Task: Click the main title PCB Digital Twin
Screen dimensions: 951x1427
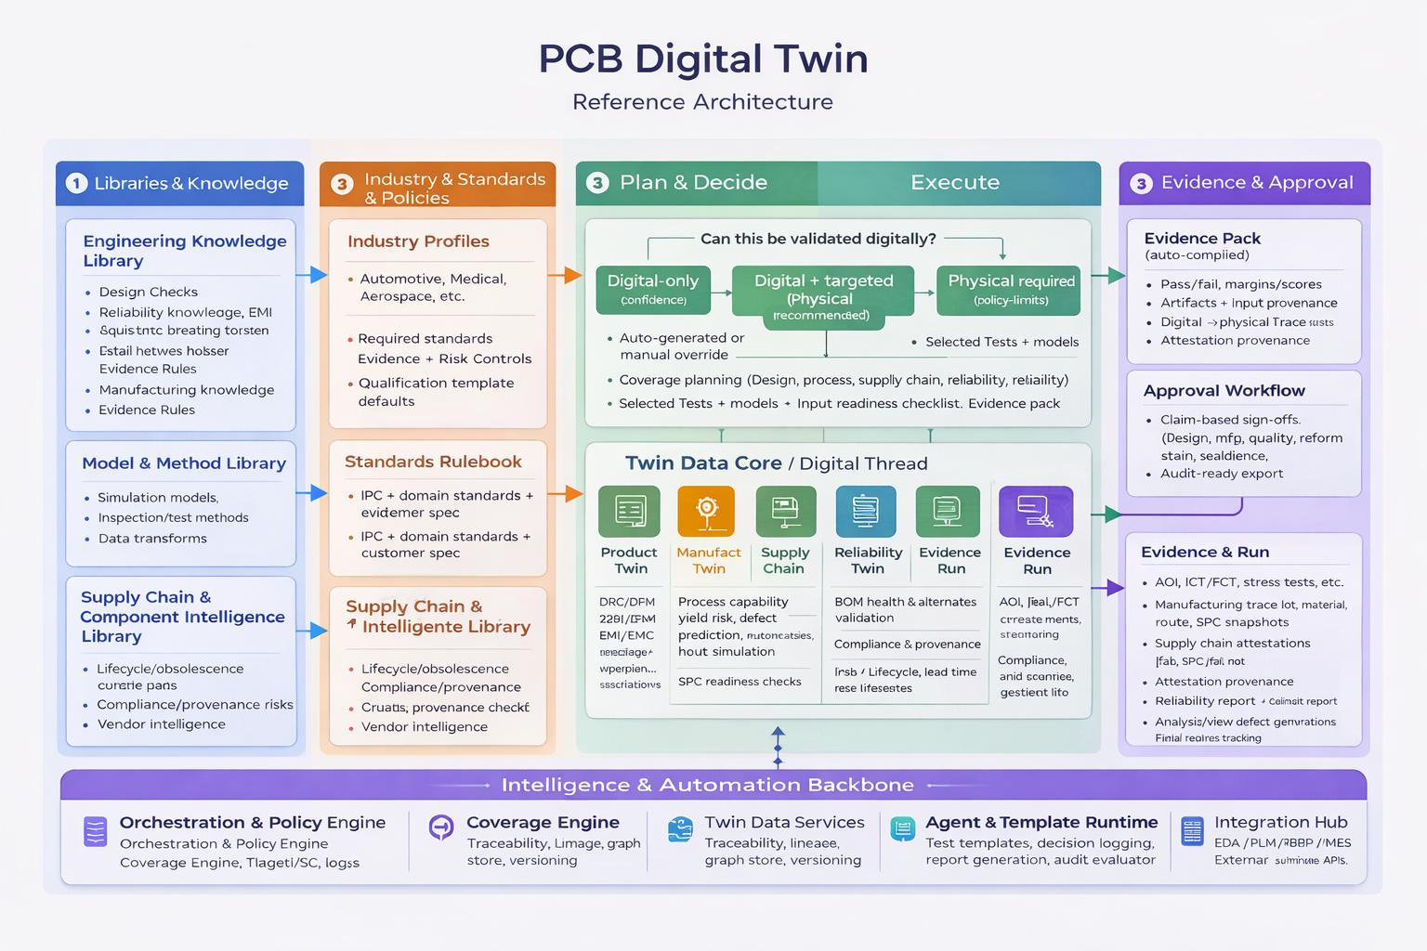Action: click(703, 59)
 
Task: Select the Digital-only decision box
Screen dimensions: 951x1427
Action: click(653, 289)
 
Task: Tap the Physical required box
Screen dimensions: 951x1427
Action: click(1010, 289)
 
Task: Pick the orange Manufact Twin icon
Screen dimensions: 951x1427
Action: click(706, 511)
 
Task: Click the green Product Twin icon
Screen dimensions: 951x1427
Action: click(629, 511)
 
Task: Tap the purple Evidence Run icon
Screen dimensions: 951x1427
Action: click(1036, 511)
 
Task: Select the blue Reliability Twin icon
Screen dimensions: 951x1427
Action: click(865, 511)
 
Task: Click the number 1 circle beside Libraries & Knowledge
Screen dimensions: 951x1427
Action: click(76, 184)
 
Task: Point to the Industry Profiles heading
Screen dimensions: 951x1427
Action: click(418, 241)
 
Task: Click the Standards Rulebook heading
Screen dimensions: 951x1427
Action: click(433, 462)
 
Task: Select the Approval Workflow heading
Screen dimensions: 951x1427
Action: click(1224, 391)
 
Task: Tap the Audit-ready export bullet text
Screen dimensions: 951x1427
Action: click(1221, 474)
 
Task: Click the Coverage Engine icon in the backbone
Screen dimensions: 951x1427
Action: click(441, 827)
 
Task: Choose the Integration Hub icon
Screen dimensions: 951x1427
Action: click(1192, 830)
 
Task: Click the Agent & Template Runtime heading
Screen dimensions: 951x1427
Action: click(1041, 822)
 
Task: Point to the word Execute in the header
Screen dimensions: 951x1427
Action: click(954, 183)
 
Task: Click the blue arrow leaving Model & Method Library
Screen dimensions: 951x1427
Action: click(312, 493)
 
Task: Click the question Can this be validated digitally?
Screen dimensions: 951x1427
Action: click(818, 239)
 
